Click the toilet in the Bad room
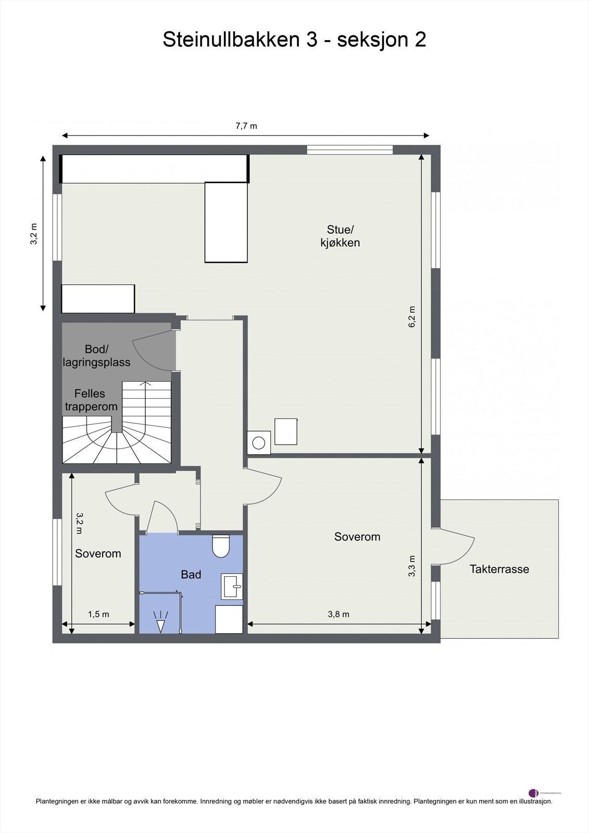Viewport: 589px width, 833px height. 221,546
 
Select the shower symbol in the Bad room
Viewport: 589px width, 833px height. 160,622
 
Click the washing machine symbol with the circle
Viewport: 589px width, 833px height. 259,443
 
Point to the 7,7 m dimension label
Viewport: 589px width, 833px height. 246,126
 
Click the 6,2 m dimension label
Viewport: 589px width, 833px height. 412,317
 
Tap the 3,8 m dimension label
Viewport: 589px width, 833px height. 339,614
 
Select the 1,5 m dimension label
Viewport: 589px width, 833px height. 98,614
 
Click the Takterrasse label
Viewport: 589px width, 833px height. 499,569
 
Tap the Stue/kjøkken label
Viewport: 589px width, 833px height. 340,236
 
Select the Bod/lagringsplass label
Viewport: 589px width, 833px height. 96,356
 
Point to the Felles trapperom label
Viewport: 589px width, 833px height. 91,400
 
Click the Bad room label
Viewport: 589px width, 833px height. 191,575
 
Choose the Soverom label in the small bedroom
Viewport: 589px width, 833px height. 98,553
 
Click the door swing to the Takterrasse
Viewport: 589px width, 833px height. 458,547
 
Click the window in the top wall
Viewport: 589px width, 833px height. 349,150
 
